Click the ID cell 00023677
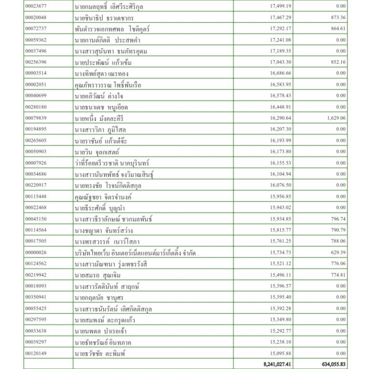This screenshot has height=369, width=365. point(36,7)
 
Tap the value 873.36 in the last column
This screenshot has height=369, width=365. point(337,18)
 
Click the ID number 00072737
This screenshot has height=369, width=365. point(36,29)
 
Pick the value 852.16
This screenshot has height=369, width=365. point(337,62)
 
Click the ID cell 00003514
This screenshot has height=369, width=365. point(36,73)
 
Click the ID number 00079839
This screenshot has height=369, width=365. point(36,118)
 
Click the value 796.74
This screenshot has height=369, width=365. point(337,219)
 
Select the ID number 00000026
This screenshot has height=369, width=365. point(36,252)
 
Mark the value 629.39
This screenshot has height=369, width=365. point(337,252)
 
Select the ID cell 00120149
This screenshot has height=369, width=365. point(36,353)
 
